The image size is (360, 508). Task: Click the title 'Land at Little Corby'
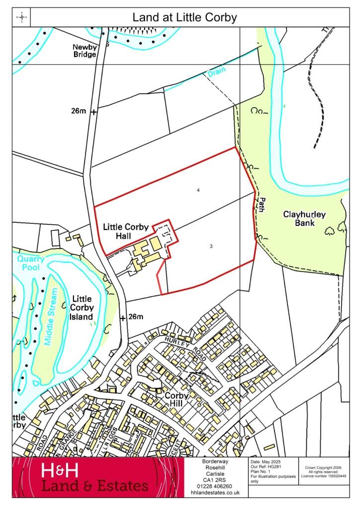tap(184, 18)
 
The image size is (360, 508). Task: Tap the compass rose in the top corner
tap(22, 18)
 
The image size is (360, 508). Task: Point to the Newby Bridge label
tap(85, 51)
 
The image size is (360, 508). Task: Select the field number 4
tap(198, 190)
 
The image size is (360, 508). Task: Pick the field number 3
tap(212, 246)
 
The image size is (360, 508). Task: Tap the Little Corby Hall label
tap(126, 231)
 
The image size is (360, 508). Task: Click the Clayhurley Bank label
tap(304, 219)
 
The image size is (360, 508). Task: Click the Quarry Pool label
tap(30, 262)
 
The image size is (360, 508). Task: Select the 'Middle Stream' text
tap(52, 316)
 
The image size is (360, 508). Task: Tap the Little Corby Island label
tap(82, 308)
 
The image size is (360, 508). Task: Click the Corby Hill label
tap(177, 400)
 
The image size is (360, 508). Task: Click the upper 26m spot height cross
tap(93, 112)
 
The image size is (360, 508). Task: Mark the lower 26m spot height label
tap(136, 317)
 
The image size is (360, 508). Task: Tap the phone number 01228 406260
tap(216, 486)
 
